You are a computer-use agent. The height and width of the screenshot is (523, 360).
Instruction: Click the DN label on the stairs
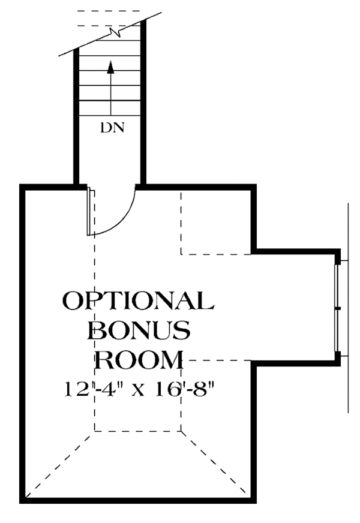[113, 128]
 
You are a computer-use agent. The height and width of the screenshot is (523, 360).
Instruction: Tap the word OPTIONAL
[137, 300]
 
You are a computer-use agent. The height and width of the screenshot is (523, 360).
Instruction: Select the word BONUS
[139, 330]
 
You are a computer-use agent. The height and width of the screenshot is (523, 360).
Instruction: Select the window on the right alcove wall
[337, 307]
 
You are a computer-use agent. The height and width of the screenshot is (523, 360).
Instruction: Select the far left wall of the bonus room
[23, 342]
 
